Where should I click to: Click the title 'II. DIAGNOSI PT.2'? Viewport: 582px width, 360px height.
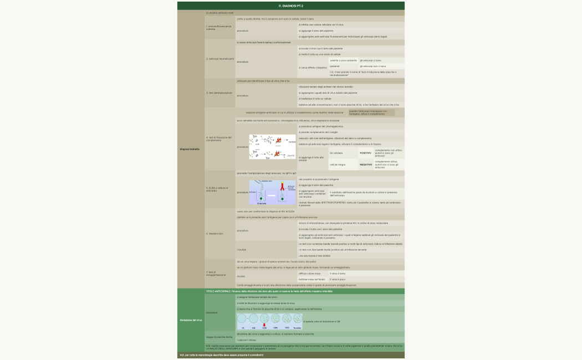click(x=290, y=6)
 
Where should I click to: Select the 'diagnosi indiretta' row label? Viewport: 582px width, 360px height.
click(x=190, y=149)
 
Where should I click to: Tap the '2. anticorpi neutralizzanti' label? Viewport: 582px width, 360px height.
click(x=220, y=58)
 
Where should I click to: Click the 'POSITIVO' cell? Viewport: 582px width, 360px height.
click(x=366, y=153)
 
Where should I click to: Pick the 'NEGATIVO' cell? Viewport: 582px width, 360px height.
click(x=366, y=164)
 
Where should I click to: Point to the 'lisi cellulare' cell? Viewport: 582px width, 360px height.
click(x=336, y=153)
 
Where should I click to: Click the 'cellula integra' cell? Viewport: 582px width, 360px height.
click(x=337, y=164)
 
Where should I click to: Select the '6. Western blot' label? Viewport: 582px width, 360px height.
click(x=215, y=234)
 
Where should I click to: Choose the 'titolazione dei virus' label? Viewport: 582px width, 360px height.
click(x=191, y=320)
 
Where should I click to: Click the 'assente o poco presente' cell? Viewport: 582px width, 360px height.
click(x=343, y=60)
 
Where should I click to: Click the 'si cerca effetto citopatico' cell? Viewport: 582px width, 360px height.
click(x=313, y=67)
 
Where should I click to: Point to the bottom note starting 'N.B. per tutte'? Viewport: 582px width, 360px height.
click(x=221, y=354)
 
